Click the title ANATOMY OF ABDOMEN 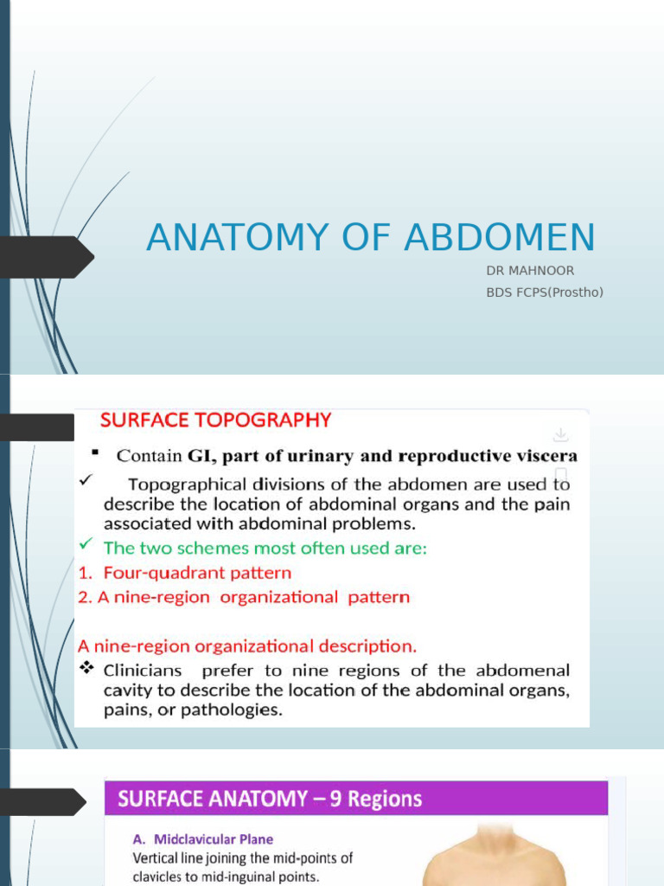(x=371, y=238)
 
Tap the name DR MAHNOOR (x=530, y=271)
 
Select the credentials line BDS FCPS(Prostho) (x=545, y=292)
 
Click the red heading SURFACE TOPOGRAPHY (x=216, y=421)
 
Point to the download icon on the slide (x=560, y=434)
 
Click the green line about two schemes (x=265, y=548)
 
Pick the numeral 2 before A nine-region (x=83, y=597)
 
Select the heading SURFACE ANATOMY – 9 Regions (x=270, y=798)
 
